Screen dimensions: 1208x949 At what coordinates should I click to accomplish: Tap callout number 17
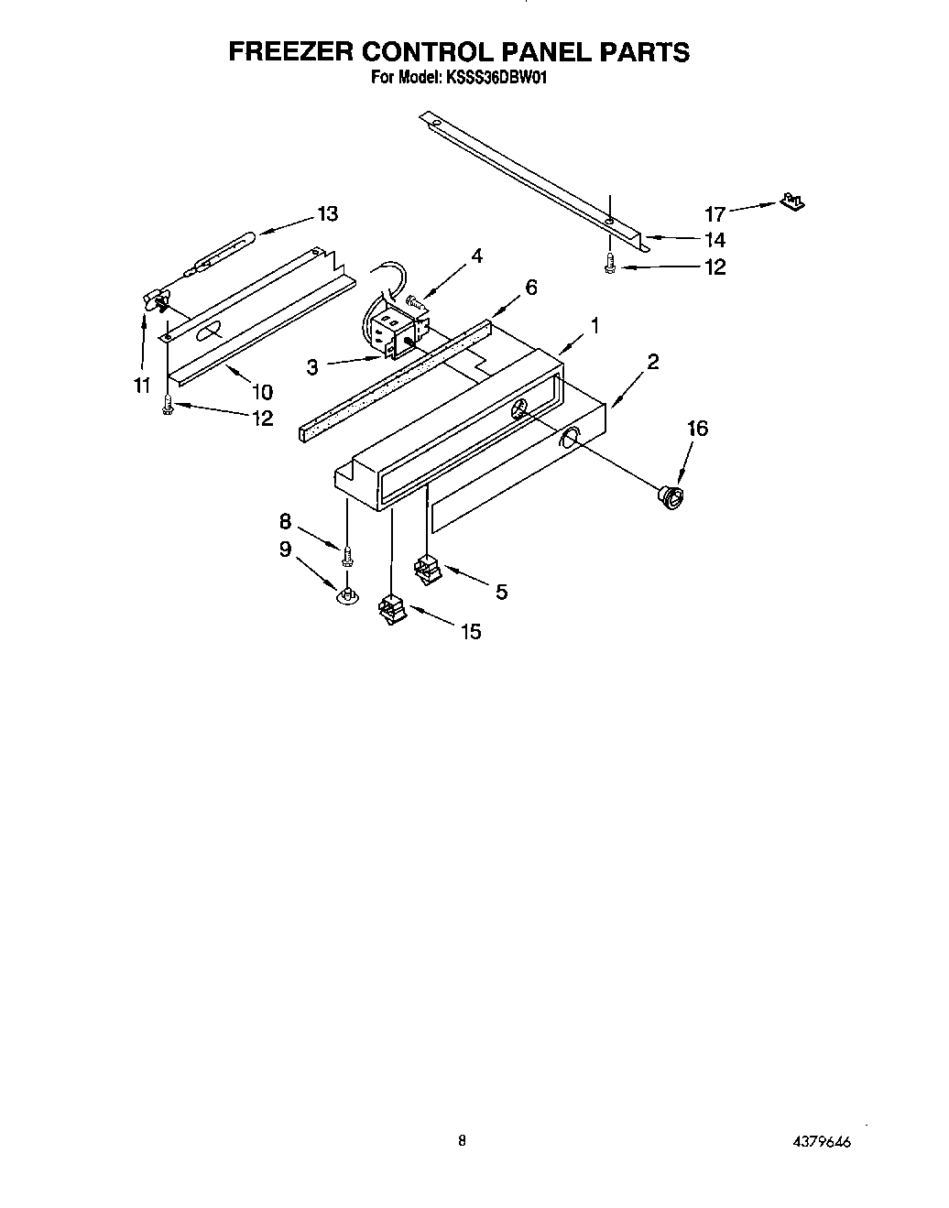pos(714,214)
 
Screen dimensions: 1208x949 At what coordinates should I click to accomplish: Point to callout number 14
pos(714,240)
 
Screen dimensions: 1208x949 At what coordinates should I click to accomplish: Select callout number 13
pos(327,213)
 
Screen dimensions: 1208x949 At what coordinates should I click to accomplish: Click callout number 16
pos(697,429)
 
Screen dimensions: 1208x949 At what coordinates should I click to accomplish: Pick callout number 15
pos(470,632)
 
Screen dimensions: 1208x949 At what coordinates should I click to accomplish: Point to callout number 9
pos(285,550)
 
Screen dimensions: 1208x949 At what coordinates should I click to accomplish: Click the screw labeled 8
pos(347,555)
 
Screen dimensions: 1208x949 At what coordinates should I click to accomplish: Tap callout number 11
pos(142,386)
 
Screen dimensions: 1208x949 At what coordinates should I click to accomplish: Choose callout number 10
pos(262,393)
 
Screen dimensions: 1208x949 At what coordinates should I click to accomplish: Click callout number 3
pos(312,367)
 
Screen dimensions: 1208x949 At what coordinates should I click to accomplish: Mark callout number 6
pos(530,287)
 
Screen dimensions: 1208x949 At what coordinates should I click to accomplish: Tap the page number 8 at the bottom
pos(463,1141)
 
